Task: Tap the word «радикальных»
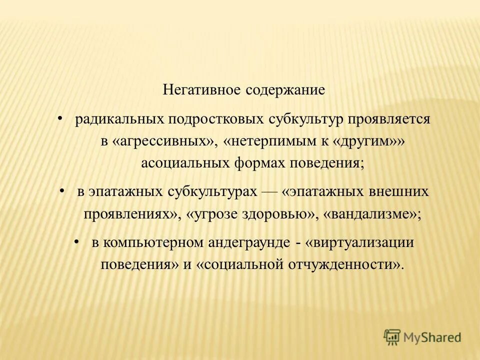tap(120, 120)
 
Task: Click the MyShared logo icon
tap(392, 337)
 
